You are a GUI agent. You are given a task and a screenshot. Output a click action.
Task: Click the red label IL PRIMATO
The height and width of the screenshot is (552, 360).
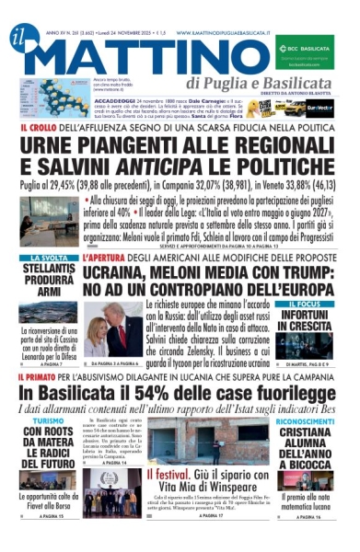[x=41, y=377]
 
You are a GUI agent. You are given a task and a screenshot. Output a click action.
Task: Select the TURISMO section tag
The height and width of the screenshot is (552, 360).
[x=46, y=420]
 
